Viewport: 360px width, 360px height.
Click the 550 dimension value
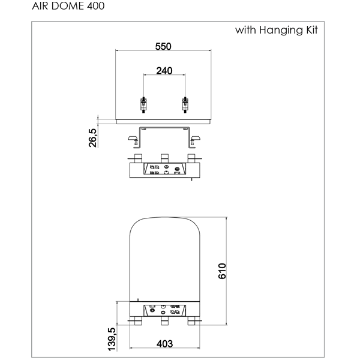tap(163, 47)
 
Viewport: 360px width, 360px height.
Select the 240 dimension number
tap(164, 71)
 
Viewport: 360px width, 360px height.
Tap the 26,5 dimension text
tap(93, 138)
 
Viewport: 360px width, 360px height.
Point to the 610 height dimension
tap(222, 271)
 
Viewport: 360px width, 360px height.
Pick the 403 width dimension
tap(164, 344)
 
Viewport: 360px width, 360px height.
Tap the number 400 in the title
tap(96, 6)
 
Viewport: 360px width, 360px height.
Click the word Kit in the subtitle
tap(312, 30)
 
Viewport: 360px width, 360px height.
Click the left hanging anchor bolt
tap(144, 104)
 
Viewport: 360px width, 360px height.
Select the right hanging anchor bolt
tap(185, 104)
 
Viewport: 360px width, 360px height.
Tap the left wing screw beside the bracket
tap(133, 140)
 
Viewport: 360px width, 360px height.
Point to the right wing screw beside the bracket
tap(195, 140)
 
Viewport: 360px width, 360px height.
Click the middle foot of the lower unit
tap(164, 321)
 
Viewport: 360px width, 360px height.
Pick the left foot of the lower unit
tap(138, 321)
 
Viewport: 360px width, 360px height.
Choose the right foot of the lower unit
tap(191, 321)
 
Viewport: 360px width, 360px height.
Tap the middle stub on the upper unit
tap(164, 158)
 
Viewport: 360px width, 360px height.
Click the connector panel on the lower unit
tap(164, 310)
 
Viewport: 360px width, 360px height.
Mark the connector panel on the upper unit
tap(164, 169)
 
